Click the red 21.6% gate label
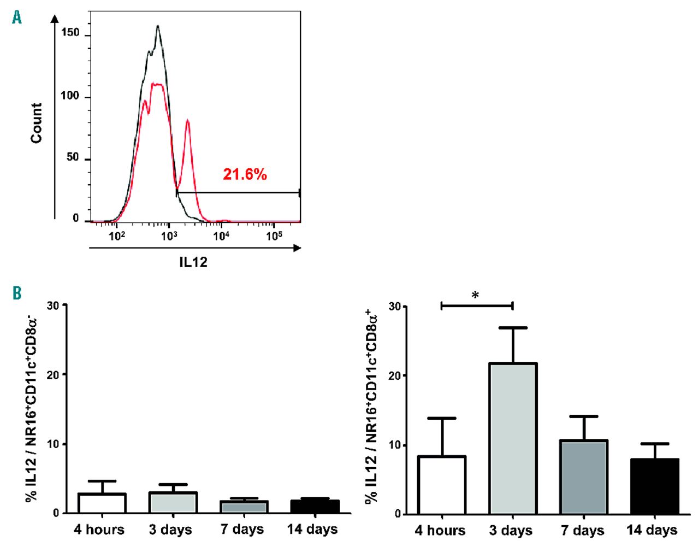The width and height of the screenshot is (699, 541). (245, 175)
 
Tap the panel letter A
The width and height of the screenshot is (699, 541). (17, 18)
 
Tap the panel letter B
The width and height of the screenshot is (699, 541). (17, 293)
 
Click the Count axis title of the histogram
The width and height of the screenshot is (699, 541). (37, 123)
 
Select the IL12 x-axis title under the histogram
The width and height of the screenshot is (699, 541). (193, 262)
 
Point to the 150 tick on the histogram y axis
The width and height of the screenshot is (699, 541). (70, 33)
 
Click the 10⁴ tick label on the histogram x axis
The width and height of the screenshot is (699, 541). (221, 236)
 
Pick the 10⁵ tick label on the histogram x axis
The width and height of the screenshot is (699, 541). (274, 236)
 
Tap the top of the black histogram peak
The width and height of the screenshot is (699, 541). (158, 26)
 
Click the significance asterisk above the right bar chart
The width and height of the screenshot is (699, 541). (475, 296)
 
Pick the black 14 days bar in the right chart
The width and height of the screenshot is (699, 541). (654, 486)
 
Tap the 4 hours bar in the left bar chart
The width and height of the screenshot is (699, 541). (102, 503)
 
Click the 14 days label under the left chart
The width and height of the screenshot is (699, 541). (312, 529)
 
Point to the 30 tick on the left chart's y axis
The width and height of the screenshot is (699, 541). (54, 305)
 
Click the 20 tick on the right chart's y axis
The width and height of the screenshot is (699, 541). (394, 376)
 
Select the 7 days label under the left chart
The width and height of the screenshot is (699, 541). (242, 529)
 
